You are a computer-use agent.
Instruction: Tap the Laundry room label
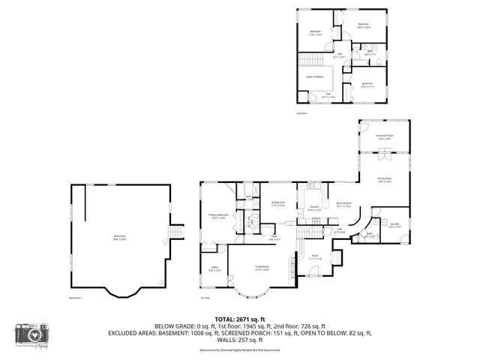pos(394,224)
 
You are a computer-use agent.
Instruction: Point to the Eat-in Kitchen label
pos(344,204)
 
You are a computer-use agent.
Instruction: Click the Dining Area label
pos(278,204)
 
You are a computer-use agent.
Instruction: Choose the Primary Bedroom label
pos(218,217)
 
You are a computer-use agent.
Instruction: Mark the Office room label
pos(214,268)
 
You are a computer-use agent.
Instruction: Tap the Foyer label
pos(316,256)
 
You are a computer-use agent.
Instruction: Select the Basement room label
pos(120,238)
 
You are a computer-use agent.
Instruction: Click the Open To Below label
pos(315,76)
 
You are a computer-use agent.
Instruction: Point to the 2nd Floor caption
pos(301,113)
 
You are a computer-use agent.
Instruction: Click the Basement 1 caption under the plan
pos(75,298)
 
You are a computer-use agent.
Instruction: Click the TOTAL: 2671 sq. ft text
pos(240,319)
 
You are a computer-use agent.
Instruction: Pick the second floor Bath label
pos(370,52)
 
